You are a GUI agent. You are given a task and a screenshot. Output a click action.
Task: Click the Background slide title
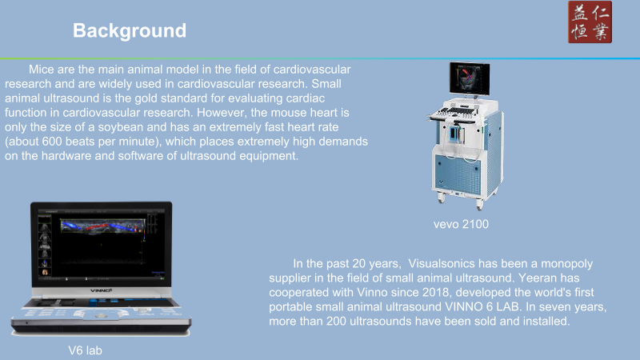[130, 31]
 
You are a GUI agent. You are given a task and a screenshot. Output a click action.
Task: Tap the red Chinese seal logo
[590, 22]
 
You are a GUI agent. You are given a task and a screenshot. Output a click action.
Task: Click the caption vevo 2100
[461, 224]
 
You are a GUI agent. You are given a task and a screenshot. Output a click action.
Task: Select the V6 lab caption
[85, 350]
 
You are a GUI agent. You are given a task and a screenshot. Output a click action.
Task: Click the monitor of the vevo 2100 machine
[470, 78]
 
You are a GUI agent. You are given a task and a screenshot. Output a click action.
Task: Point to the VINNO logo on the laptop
[101, 290]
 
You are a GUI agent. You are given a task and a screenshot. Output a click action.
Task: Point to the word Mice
[42, 70]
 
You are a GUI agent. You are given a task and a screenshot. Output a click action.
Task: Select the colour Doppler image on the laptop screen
[103, 226]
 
